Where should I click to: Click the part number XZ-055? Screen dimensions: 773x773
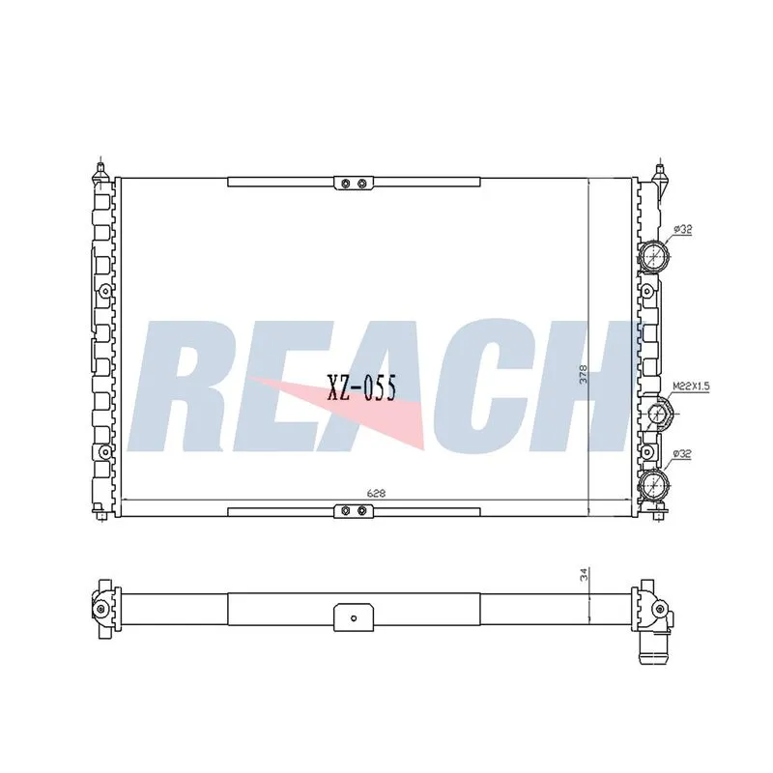pyautogui.click(x=361, y=387)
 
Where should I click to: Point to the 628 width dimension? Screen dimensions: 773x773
pyautogui.click(x=376, y=493)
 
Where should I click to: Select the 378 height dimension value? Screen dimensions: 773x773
pyautogui.click(x=584, y=375)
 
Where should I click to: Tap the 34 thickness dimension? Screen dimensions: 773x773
pyautogui.click(x=585, y=575)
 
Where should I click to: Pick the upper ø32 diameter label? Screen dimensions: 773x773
pyautogui.click(x=683, y=229)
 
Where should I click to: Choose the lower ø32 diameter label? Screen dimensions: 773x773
pyautogui.click(x=682, y=454)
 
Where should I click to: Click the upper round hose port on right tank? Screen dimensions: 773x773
pyautogui.click(x=654, y=256)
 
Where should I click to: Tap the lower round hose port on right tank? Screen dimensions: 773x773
pyautogui.click(x=654, y=485)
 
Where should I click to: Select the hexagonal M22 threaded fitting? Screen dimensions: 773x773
pyautogui.click(x=658, y=414)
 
